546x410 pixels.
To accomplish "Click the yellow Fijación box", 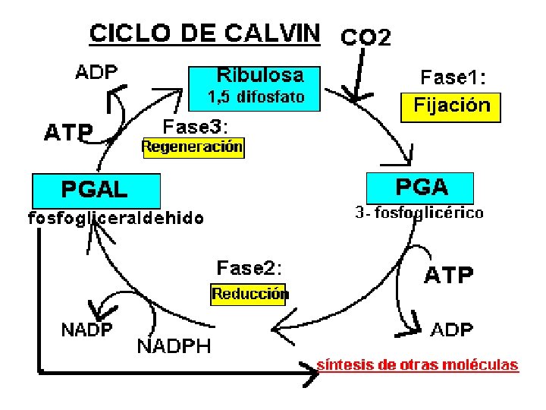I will [x=451, y=106].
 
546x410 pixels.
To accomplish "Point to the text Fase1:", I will [x=453, y=77].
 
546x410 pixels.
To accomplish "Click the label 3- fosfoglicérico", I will [x=419, y=213].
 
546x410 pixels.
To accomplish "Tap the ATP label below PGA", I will [x=448, y=275].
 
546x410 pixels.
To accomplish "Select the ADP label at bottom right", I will [x=453, y=330].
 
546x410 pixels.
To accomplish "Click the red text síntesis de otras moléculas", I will [x=417, y=364].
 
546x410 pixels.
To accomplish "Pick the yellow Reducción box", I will [x=249, y=293].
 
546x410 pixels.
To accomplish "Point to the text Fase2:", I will [x=249, y=268].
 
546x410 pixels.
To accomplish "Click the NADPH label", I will [x=174, y=347].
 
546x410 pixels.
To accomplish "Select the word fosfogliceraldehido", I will [x=116, y=219].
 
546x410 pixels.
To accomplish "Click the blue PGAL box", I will [x=96, y=188].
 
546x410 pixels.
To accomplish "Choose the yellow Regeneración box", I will [x=193, y=147].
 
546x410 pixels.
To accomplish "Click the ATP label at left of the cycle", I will [x=68, y=134].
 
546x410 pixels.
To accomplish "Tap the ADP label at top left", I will [x=96, y=73].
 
